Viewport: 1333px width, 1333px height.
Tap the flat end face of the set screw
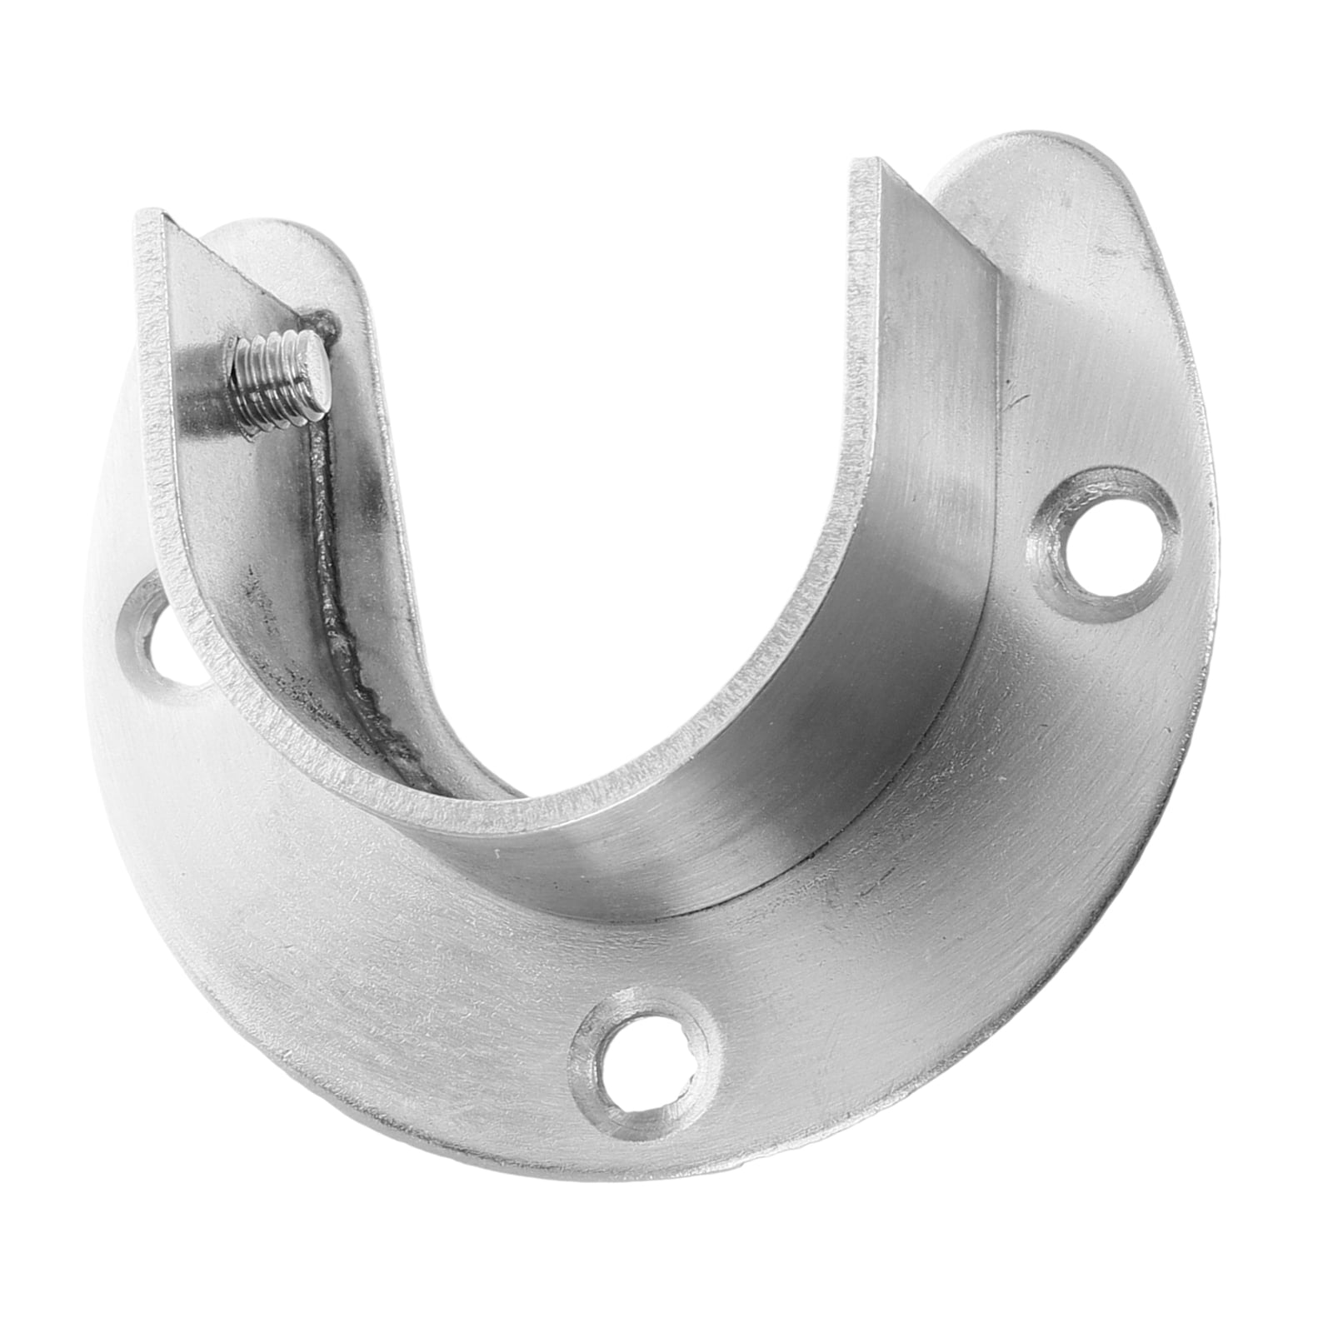click(312, 347)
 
